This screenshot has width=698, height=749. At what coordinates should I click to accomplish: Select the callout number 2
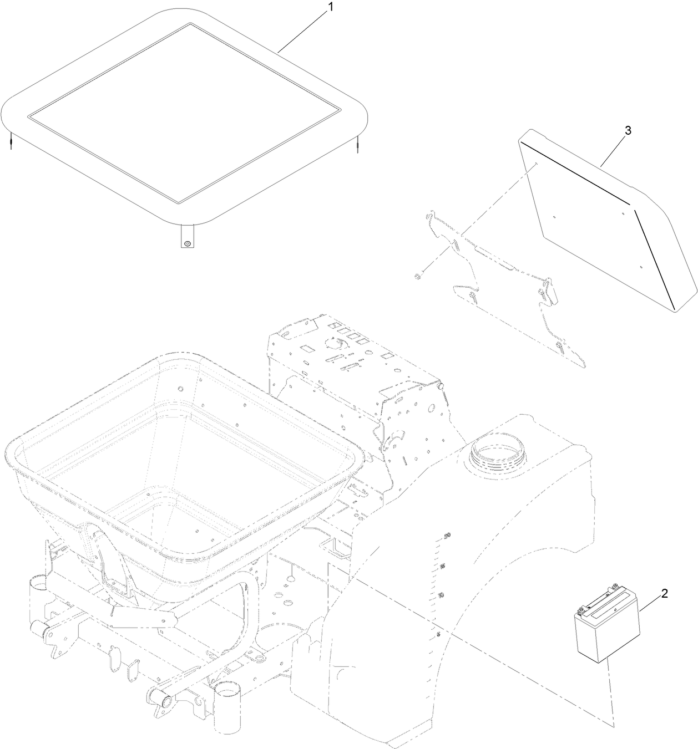point(664,593)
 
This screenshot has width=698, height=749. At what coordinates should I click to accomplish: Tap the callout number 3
point(628,131)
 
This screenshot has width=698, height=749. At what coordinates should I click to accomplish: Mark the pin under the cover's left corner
point(10,141)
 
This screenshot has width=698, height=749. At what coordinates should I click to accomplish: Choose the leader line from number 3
point(614,150)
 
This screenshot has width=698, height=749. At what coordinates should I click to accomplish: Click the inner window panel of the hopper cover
point(186,114)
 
